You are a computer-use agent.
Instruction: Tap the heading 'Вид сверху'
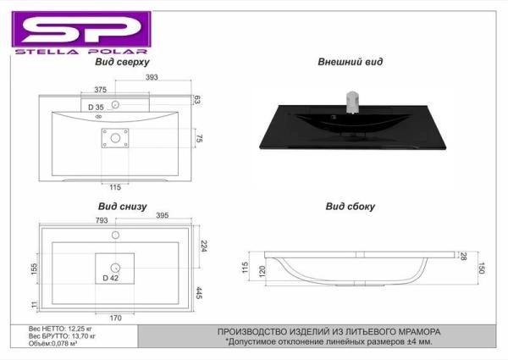coord(122,62)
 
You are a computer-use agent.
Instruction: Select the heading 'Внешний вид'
coord(350,62)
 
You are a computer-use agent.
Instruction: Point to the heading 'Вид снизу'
coord(123,207)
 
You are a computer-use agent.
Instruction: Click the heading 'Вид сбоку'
coord(351,207)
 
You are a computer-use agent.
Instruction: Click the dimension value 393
coord(152,77)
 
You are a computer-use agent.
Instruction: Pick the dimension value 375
coord(101,90)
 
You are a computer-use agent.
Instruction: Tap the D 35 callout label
coord(96,107)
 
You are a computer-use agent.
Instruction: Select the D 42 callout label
coord(110,278)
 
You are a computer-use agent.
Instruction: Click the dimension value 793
coord(102,220)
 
